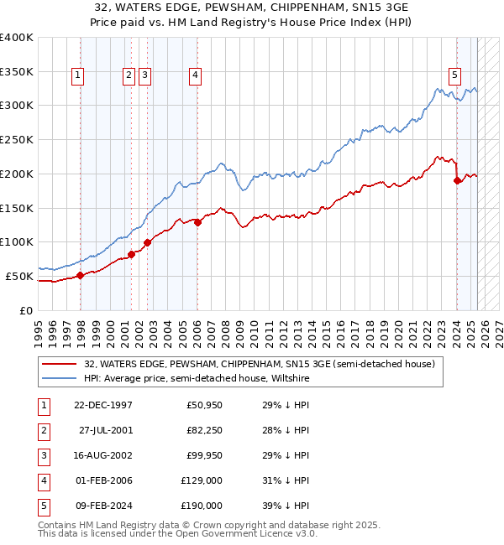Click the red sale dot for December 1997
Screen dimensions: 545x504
pyautogui.click(x=81, y=275)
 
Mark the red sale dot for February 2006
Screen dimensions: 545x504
pyautogui.click(x=197, y=222)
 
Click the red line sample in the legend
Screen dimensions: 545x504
pyautogui.click(x=59, y=365)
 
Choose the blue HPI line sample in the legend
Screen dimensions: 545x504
pyautogui.click(x=59, y=379)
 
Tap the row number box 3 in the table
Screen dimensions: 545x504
pyautogui.click(x=43, y=456)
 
